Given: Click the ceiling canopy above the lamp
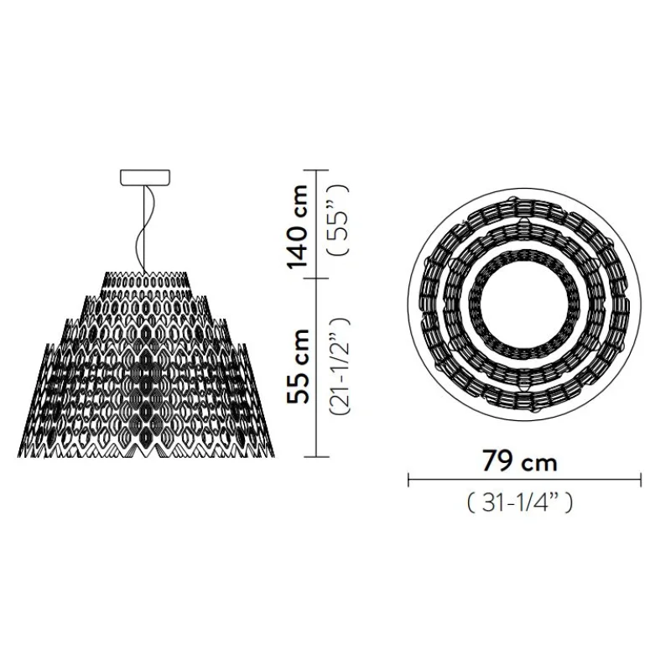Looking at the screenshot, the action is (x=145, y=178).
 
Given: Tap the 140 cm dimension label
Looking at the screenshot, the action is (x=298, y=226).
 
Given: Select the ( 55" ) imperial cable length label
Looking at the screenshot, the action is (x=338, y=221).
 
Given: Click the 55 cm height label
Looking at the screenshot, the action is (x=298, y=367).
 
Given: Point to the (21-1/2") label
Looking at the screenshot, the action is (x=340, y=367).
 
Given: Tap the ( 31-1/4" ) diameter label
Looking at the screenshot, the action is (x=520, y=502).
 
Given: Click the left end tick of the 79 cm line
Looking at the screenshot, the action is (x=408, y=480).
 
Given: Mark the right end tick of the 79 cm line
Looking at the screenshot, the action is (x=641, y=480).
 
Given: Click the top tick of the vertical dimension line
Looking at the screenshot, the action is (x=316, y=170).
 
